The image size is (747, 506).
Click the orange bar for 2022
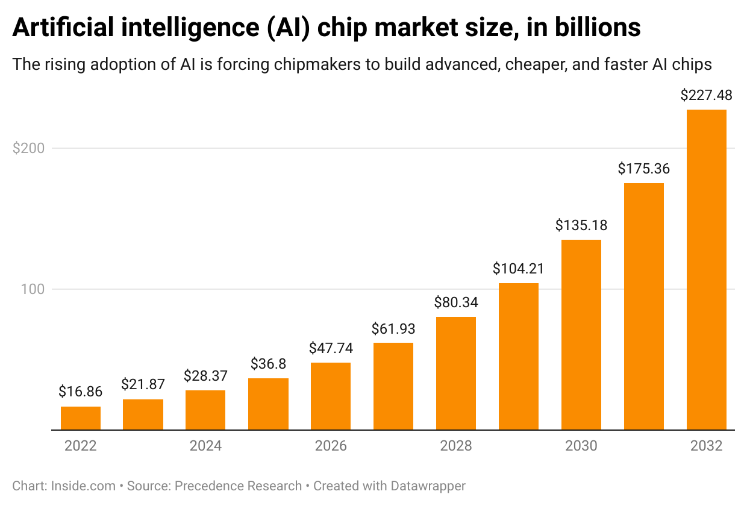(x=80, y=418)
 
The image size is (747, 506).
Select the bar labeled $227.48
(x=706, y=269)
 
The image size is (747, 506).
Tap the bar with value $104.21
(x=519, y=356)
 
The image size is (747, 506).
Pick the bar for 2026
(x=331, y=396)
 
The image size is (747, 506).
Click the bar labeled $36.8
(x=268, y=404)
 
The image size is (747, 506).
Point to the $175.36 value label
(x=643, y=169)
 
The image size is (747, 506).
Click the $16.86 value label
(x=80, y=392)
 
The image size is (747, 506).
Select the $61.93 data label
(x=393, y=329)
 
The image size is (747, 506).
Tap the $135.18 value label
(x=581, y=225)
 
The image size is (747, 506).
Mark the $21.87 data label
(x=143, y=384)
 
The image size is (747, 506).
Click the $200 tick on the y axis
(x=28, y=148)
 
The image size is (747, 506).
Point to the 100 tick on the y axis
(x=33, y=289)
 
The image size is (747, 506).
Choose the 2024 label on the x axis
(x=206, y=446)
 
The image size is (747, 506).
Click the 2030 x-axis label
(x=581, y=446)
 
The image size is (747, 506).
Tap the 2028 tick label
(x=456, y=446)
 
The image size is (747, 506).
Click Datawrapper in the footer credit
(x=428, y=486)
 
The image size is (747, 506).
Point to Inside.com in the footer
(x=83, y=486)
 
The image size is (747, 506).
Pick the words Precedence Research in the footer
(x=238, y=486)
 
